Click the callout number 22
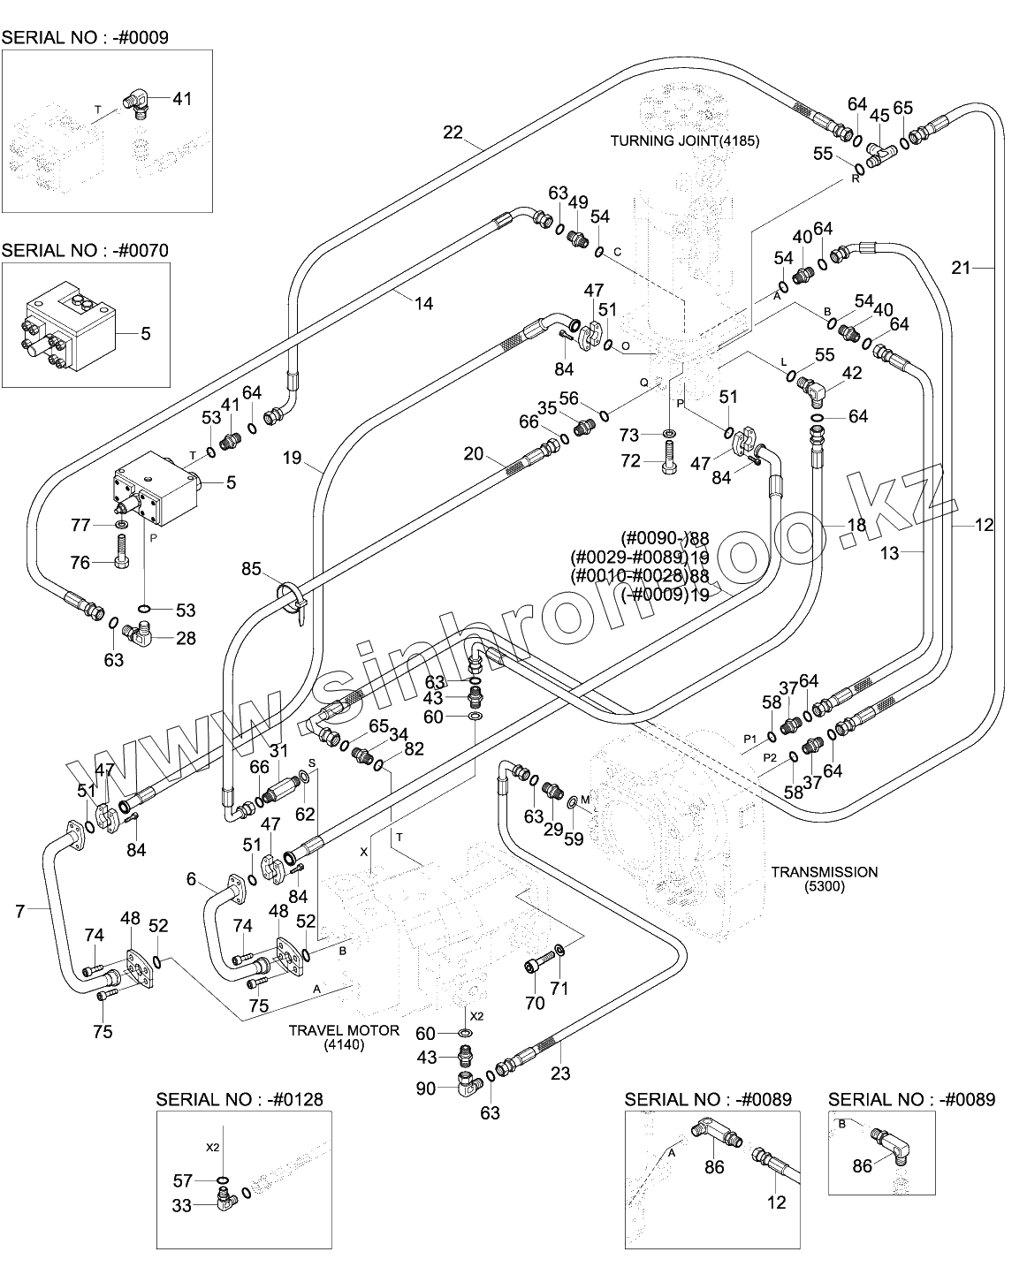[453, 133]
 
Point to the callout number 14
[423, 303]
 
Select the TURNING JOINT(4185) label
[685, 140]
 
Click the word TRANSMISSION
[824, 872]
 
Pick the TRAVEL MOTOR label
[345, 1030]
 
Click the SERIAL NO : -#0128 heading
[239, 1099]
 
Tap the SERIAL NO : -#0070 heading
[85, 250]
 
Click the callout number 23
[560, 1074]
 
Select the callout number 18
[856, 526]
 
